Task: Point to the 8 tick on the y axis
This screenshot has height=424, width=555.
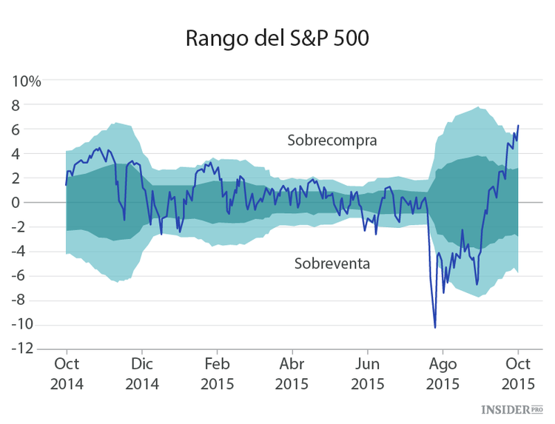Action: (x=33, y=105)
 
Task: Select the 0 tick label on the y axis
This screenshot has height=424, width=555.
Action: (x=33, y=203)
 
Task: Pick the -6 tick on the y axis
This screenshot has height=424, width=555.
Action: (x=30, y=275)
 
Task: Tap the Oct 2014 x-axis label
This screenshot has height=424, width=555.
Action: (x=67, y=374)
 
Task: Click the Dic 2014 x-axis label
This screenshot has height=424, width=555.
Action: (x=142, y=374)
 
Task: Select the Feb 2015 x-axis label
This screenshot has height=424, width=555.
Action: (x=217, y=374)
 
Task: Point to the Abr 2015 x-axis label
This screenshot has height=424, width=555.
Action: (x=292, y=374)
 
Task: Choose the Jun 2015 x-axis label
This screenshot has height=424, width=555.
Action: (x=368, y=374)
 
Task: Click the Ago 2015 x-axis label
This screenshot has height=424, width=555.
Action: (x=443, y=374)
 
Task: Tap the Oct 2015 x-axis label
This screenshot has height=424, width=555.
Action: (x=518, y=374)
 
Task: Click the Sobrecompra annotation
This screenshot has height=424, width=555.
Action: (x=332, y=140)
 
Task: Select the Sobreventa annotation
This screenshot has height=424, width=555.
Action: (x=332, y=263)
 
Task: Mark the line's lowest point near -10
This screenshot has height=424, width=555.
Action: (x=435, y=327)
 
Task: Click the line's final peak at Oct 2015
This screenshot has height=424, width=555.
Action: (x=518, y=126)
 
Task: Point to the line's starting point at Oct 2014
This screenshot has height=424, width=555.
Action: (x=67, y=185)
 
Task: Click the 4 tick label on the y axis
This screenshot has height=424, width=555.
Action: (x=33, y=154)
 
